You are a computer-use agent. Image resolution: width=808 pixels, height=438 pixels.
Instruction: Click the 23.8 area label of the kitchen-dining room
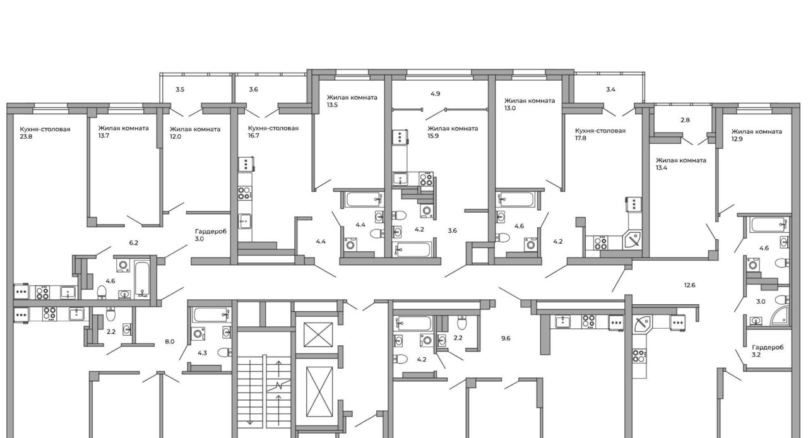pos(26,137)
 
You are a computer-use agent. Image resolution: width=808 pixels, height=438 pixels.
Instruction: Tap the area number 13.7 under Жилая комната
pos(104,136)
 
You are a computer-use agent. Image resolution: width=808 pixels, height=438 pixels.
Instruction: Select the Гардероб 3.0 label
pos(211,235)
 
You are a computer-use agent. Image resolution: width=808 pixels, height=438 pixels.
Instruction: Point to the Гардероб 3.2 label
pos(768,351)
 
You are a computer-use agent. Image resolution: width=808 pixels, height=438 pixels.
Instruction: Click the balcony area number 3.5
pos(180,90)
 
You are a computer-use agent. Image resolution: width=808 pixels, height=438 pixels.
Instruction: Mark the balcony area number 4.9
pos(436,94)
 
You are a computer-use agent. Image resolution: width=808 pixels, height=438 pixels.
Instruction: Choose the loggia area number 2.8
pos(685,120)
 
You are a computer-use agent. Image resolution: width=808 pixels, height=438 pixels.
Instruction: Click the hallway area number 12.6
pos(690,285)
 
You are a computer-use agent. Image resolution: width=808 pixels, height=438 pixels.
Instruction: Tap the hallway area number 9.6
pos(506,338)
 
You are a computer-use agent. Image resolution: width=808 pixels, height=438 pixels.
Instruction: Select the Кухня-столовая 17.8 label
pos(600,134)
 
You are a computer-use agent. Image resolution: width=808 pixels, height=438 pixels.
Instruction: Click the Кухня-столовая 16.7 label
pos(273,132)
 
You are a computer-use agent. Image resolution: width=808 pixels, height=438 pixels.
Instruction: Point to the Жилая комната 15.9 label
pos(453,132)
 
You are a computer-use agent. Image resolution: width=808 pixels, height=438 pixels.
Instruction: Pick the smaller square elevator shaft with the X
pos(318,334)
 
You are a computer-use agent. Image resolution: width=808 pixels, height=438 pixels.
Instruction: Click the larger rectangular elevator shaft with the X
pos(319,391)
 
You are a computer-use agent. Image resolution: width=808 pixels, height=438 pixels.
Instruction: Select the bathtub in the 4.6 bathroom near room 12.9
pos(768,225)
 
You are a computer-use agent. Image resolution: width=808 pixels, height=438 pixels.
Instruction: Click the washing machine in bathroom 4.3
pos(198,333)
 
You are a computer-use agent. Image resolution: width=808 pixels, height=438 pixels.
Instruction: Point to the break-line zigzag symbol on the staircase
pos(278,387)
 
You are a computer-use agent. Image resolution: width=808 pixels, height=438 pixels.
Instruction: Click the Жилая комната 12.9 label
pos(756,135)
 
